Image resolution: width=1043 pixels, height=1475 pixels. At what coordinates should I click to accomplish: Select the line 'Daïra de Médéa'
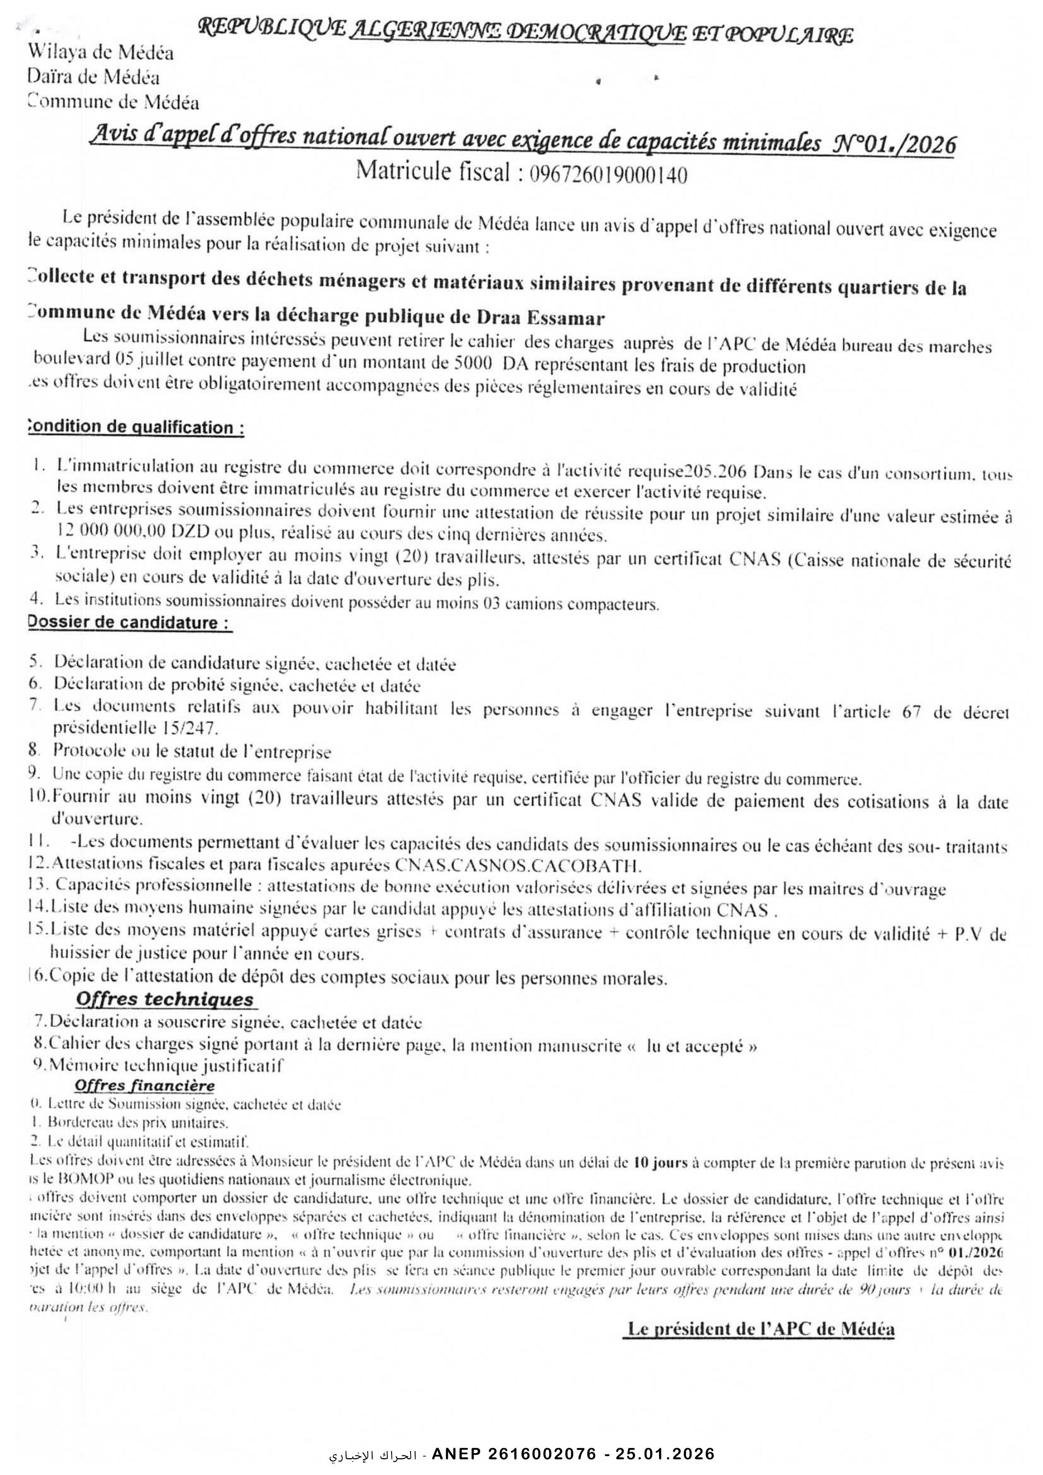pos(94,78)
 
